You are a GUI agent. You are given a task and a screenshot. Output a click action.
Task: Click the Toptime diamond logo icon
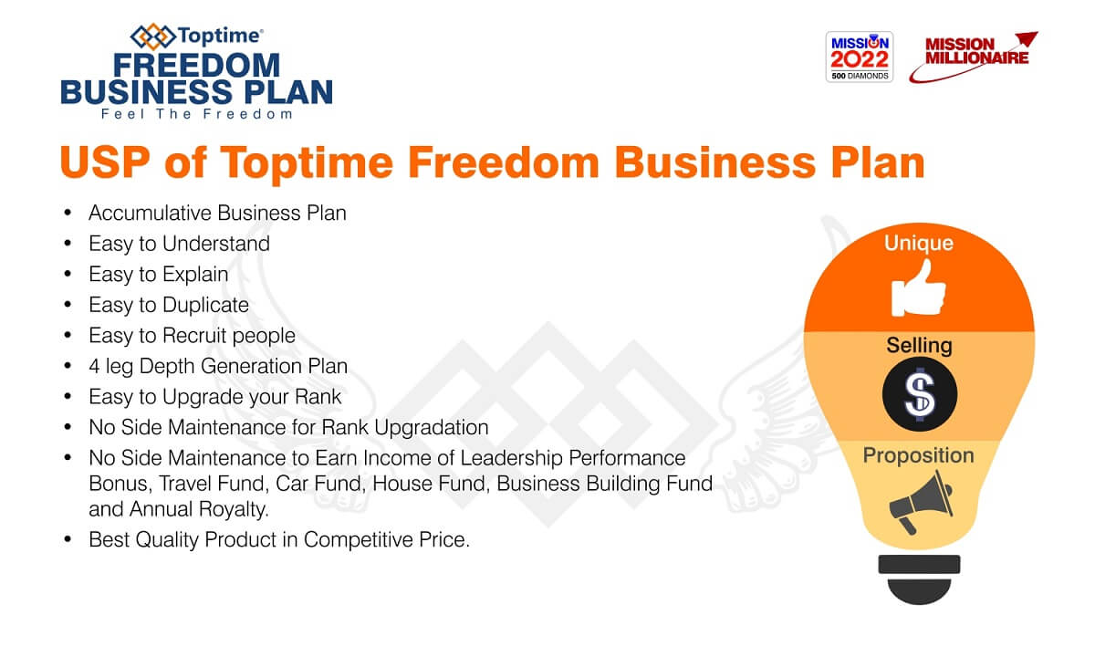coord(153,36)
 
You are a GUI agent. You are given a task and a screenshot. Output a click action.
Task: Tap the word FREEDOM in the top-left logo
coord(196,66)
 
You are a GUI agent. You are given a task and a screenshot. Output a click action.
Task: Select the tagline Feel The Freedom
coord(196,114)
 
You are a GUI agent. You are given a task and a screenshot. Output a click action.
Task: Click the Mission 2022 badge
coord(860,57)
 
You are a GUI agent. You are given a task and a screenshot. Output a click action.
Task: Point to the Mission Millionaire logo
coord(974,57)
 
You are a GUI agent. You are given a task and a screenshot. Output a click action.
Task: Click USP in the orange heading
coord(105,162)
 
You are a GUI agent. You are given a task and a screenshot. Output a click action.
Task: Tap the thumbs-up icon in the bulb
coord(918,288)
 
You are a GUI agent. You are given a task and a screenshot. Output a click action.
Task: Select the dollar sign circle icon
coord(920,394)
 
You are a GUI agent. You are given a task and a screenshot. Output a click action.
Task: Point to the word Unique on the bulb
coord(919,243)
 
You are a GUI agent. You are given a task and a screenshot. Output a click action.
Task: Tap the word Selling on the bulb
coord(919,346)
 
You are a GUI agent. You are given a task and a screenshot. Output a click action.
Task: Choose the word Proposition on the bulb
coord(918,455)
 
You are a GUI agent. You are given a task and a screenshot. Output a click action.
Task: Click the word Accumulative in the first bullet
coord(150,214)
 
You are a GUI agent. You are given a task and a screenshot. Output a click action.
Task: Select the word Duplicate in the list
coord(206,305)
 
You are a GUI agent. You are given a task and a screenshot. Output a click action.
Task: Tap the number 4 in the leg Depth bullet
coord(94,367)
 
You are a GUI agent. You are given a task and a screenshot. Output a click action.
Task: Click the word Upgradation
coord(431,428)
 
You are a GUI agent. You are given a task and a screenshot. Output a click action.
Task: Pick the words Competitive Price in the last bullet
coord(386,540)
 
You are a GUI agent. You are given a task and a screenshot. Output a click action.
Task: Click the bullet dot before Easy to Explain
coord(68,274)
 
